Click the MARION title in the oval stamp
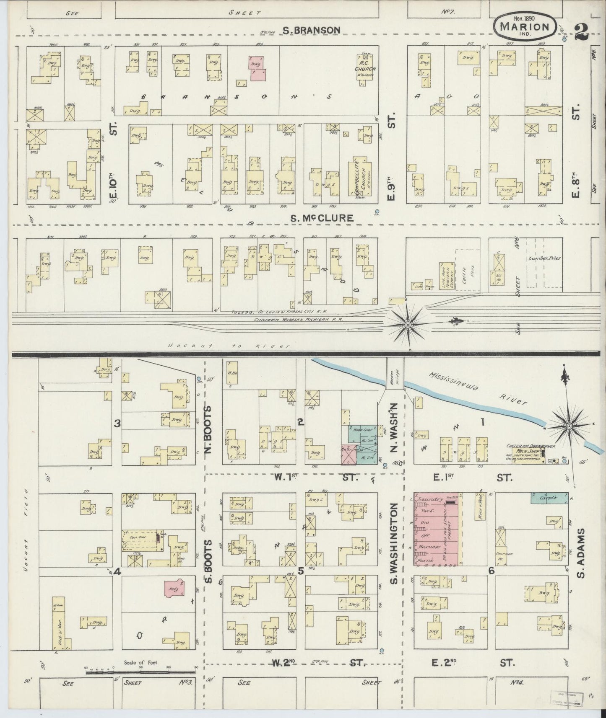525,26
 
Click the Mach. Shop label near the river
529,452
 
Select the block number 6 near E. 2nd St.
491,571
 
